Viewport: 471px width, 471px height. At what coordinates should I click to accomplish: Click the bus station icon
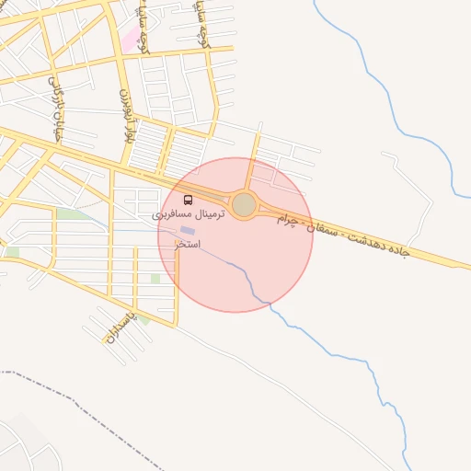189,201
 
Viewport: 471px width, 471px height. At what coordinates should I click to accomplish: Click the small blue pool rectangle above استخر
188,230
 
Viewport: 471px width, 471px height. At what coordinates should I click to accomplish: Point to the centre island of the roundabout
244,204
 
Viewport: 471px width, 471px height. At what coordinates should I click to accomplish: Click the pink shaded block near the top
132,38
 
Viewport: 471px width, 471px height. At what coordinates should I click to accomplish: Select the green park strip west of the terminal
70,214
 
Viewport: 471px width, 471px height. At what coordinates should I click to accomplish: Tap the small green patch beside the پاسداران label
145,320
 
